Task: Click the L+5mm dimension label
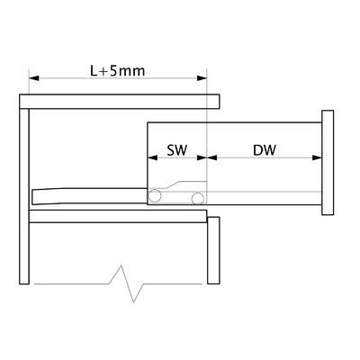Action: (x=118, y=71)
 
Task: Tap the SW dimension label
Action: (x=177, y=150)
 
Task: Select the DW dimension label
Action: (x=265, y=150)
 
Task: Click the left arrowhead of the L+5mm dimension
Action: (x=34, y=78)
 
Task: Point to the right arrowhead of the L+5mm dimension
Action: (x=202, y=78)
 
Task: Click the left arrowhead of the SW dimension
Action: (x=153, y=157)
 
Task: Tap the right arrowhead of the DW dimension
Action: (x=317, y=157)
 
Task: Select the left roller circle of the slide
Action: (x=155, y=195)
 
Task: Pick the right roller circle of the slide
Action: (x=198, y=198)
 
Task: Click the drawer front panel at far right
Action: (x=328, y=163)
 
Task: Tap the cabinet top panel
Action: (x=120, y=102)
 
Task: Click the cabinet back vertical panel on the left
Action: (x=24, y=196)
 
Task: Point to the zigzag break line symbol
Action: (x=119, y=283)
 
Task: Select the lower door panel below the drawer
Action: (x=213, y=250)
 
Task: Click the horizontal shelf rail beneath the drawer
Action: (x=118, y=216)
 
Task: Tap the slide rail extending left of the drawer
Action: (x=90, y=196)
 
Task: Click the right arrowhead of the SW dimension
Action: (x=202, y=157)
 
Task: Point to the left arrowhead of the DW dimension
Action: (x=212, y=157)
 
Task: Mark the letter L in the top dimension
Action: (x=94, y=71)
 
